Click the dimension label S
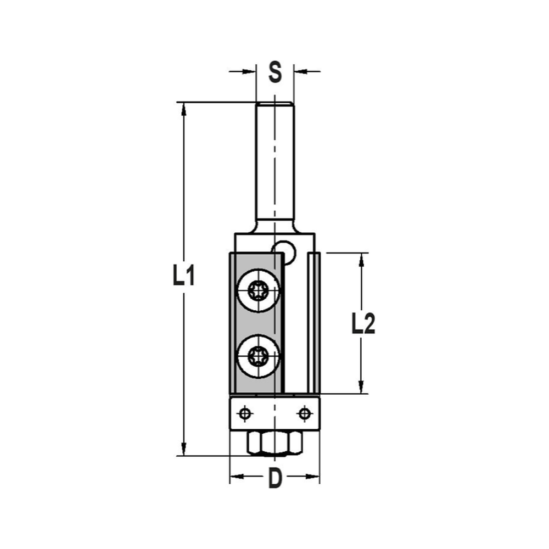tap(275, 72)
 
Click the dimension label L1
tap(183, 276)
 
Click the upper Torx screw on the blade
tap(257, 290)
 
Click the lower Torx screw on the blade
tap(257, 357)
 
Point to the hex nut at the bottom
tap(275, 442)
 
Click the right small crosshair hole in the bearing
tap(303, 413)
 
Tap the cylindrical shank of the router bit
tap(275, 165)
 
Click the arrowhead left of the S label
tap(250, 71)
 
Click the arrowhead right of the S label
tap(300, 71)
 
